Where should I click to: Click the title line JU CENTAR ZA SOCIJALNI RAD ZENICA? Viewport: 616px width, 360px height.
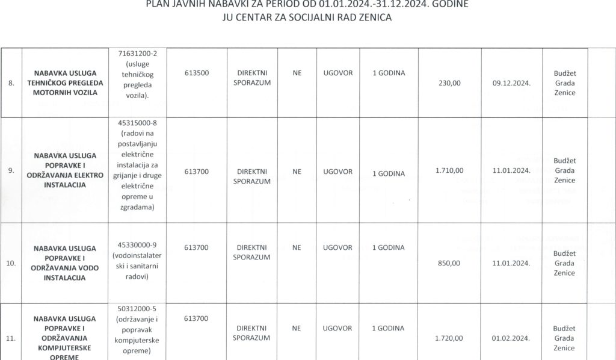[307, 17]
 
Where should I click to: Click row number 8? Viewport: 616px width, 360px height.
[11, 83]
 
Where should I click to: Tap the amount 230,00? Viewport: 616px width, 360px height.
[449, 84]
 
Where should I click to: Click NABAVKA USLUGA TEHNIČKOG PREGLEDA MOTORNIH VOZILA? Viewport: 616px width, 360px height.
[65, 83]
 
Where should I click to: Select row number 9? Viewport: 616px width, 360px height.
[11, 170]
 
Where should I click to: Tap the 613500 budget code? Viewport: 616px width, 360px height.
[196, 73]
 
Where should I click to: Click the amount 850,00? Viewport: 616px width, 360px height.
[449, 263]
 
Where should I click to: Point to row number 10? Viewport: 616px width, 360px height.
[11, 263]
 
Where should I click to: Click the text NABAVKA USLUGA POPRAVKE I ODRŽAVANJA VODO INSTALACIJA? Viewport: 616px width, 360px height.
[65, 263]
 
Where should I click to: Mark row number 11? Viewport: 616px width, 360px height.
[10, 338]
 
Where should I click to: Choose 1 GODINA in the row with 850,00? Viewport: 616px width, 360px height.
[389, 247]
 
